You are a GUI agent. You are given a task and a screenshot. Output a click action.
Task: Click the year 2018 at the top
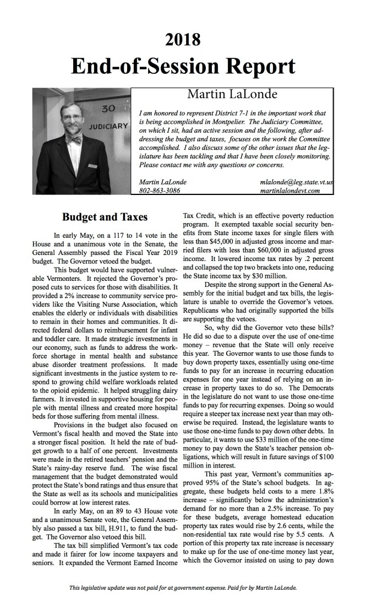183,40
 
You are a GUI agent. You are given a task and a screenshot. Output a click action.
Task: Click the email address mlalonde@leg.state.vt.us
298,182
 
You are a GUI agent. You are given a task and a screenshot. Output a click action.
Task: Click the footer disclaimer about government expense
183,588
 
